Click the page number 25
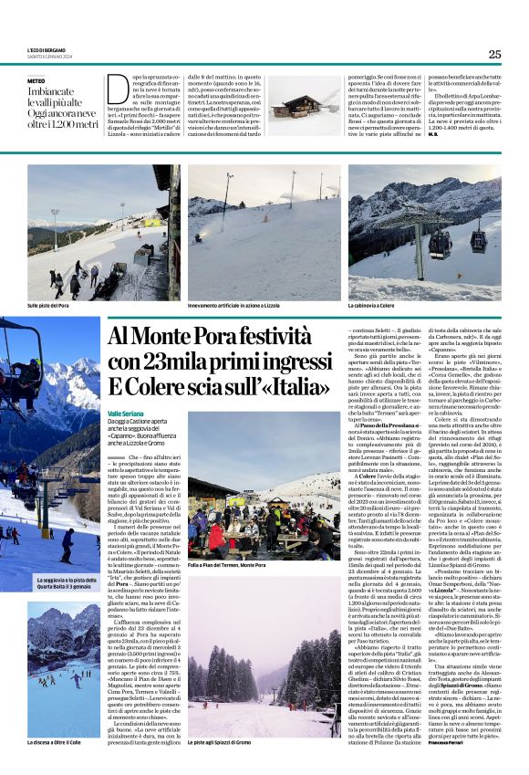click(494, 54)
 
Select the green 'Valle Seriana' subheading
click(127, 413)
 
